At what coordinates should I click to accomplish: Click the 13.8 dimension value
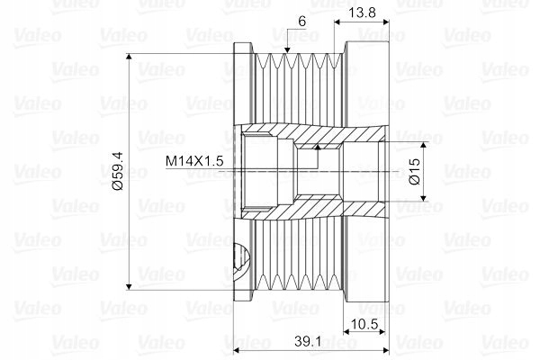361,13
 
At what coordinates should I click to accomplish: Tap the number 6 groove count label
301,22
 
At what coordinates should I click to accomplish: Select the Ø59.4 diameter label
118,171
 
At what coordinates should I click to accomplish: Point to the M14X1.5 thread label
194,161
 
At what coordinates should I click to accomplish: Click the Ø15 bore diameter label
415,171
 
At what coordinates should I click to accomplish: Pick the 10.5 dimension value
364,324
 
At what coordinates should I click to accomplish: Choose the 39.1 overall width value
308,341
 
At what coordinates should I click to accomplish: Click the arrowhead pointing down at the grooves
287,49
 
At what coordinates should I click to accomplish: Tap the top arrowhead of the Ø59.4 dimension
129,58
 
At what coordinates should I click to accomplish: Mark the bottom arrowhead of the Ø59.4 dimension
129,286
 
